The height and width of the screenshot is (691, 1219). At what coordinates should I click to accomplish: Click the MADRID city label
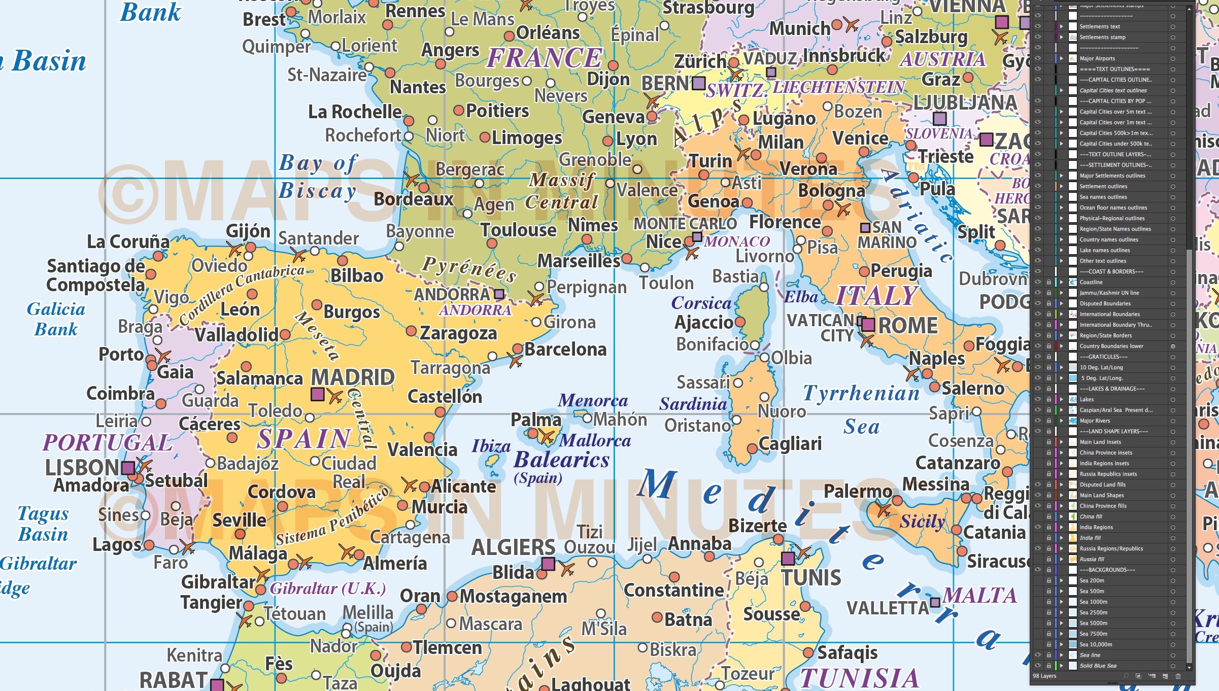point(353,377)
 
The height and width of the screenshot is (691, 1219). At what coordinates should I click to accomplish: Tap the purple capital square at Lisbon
point(128,467)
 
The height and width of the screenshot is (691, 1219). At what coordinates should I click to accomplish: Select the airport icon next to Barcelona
point(515,361)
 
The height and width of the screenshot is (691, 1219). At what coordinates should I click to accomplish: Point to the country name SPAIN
point(303,439)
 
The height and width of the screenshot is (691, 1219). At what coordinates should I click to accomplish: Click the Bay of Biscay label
point(318,177)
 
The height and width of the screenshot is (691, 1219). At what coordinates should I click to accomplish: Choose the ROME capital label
point(907,326)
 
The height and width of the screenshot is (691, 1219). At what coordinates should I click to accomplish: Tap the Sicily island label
point(922,521)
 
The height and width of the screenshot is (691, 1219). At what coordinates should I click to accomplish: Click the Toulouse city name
point(518,230)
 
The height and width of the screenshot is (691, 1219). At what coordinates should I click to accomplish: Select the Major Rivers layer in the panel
point(1095,421)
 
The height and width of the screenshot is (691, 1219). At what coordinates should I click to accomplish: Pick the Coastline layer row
point(1091,282)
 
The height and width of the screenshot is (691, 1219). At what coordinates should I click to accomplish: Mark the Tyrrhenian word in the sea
point(861,393)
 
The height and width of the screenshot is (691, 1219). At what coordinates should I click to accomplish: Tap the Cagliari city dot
point(752,448)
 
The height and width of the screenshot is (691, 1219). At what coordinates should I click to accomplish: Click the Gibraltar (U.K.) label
point(327,589)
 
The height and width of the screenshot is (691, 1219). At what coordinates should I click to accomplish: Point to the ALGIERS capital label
point(513,547)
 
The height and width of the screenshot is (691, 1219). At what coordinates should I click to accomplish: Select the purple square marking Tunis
point(788,559)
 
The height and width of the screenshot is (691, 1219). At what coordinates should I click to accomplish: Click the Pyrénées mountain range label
point(469,268)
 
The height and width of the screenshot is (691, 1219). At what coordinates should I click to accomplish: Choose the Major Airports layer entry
point(1097,58)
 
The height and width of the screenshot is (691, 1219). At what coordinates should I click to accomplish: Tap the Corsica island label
point(701,303)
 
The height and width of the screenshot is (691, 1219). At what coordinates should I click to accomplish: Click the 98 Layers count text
point(1044,676)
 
